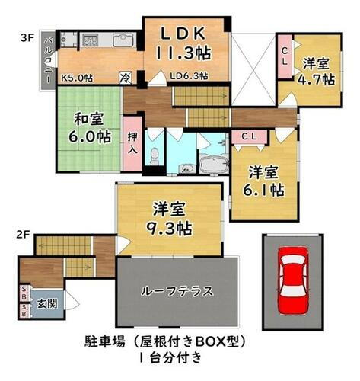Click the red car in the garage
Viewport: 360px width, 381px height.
click(x=292, y=281)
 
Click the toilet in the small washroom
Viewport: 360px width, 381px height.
click(x=154, y=157)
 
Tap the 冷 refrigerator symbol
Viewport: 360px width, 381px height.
click(x=124, y=78)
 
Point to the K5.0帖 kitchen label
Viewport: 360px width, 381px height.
click(x=76, y=78)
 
